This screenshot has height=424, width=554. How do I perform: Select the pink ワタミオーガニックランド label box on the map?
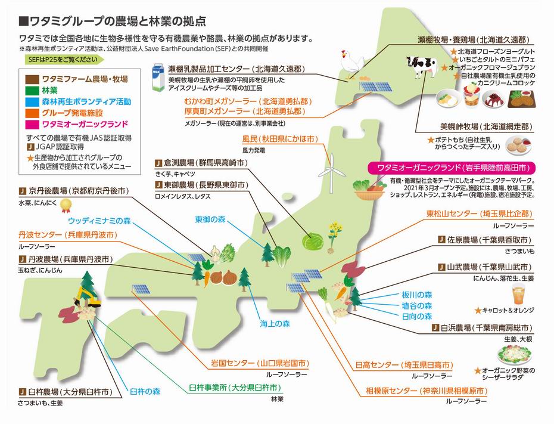(x=452, y=168)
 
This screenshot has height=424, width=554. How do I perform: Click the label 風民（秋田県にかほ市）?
(x=278, y=139)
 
